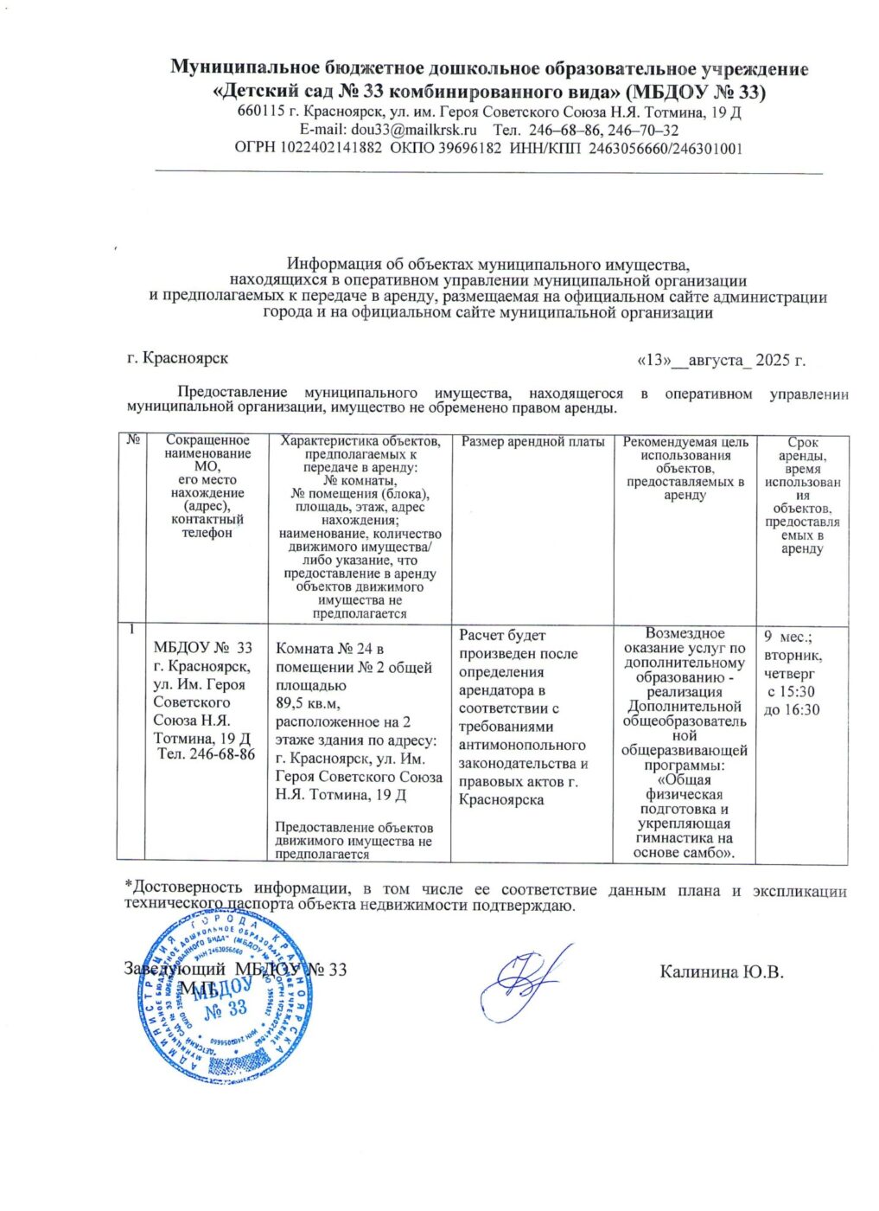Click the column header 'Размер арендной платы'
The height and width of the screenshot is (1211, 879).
532,442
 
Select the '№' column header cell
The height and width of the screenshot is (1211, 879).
133,440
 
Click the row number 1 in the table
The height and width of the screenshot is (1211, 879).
132,629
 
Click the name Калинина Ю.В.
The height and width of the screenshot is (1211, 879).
721,971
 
